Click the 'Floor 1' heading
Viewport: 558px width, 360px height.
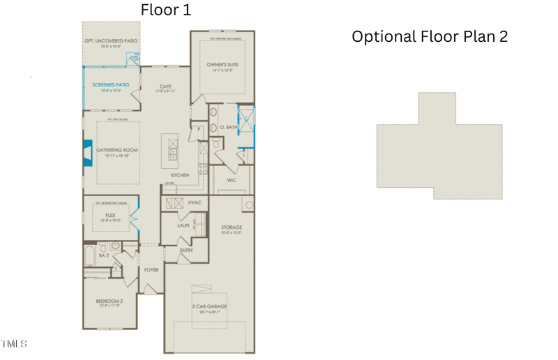coord(165,10)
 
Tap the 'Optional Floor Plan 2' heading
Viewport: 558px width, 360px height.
coord(430,36)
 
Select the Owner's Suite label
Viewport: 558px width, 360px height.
coord(223,65)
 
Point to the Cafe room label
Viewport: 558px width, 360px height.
coord(165,87)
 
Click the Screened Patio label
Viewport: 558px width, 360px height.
coord(110,85)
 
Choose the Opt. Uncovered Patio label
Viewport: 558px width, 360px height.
coord(111,41)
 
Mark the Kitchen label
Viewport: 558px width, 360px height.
coord(180,175)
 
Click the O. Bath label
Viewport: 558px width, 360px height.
coord(229,127)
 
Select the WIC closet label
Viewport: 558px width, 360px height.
coord(232,179)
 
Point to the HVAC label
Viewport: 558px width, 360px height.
coord(195,202)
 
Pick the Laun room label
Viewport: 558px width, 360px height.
coord(183,225)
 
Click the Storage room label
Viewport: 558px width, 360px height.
coord(232,227)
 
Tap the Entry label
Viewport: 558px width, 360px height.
coord(186,250)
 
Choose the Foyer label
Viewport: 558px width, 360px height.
coord(151,269)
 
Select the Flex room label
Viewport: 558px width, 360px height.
coord(110,216)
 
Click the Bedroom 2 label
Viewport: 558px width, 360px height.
coord(110,301)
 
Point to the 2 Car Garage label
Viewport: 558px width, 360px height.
coord(209,306)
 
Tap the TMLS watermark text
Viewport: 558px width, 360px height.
coord(14,343)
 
